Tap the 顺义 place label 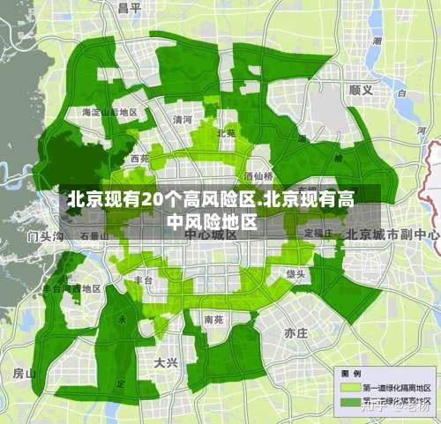(x=361, y=89)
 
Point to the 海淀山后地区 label (x=108, y=113)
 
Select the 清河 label (x=183, y=119)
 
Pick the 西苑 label (x=139, y=160)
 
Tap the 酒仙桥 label (x=258, y=175)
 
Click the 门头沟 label (x=46, y=236)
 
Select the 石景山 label (x=93, y=236)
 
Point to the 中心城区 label (x=205, y=235)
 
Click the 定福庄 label (x=318, y=233)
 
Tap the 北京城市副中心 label (x=392, y=234)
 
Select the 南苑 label (x=213, y=318)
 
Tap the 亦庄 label (x=295, y=333)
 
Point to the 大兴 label (x=166, y=362)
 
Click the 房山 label (x=24, y=373)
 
